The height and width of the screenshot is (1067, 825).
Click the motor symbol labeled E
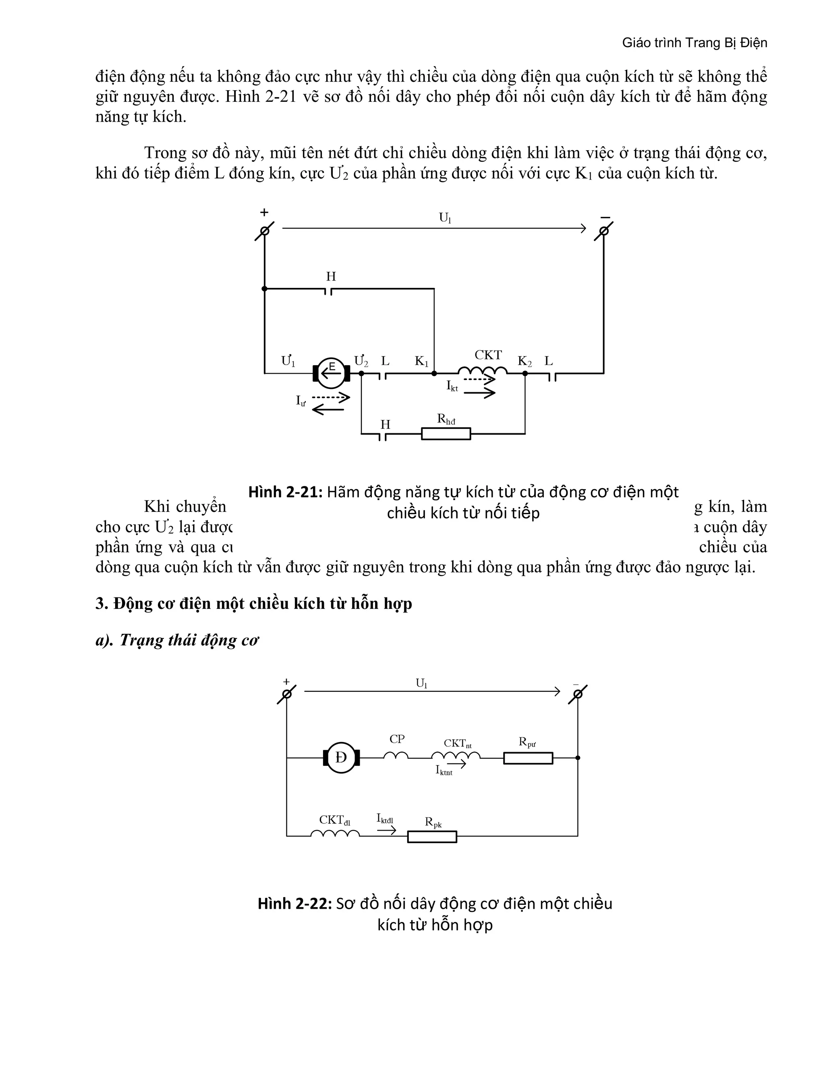[332, 373]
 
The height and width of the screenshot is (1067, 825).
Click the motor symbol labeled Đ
[341, 758]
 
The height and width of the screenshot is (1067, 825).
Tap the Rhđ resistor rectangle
[446, 433]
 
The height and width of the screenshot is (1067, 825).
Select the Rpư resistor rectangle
[528, 758]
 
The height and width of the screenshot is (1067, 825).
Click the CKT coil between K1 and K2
[482, 371]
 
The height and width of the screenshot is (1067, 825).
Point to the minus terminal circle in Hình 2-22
[578, 694]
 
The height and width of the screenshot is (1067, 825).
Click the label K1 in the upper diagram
[421, 362]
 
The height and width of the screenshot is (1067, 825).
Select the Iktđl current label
[385, 818]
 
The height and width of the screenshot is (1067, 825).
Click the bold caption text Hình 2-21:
[286, 492]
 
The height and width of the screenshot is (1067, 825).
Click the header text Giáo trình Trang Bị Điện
[694, 43]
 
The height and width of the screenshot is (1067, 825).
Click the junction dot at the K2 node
[525, 373]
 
